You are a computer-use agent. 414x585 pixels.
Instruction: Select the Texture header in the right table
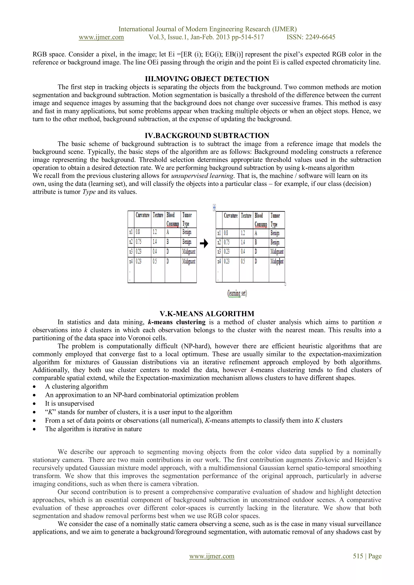246,216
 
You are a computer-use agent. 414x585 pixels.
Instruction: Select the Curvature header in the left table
143,215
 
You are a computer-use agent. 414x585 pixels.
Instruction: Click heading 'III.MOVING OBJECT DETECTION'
207,79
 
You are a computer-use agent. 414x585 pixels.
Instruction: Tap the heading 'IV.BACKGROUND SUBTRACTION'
207,136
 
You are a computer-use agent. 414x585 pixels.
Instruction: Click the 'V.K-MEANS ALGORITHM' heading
207,314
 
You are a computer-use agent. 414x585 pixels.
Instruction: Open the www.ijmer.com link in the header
101,37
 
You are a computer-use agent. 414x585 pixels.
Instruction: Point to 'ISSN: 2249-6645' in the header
311,37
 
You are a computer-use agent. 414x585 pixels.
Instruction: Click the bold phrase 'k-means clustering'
176,322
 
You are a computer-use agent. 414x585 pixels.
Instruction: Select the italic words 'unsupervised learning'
202,176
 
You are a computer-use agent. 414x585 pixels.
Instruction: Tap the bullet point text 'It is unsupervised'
70,403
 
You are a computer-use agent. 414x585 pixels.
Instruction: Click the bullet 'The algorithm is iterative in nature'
93,429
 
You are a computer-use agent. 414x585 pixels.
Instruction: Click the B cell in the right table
256,242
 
